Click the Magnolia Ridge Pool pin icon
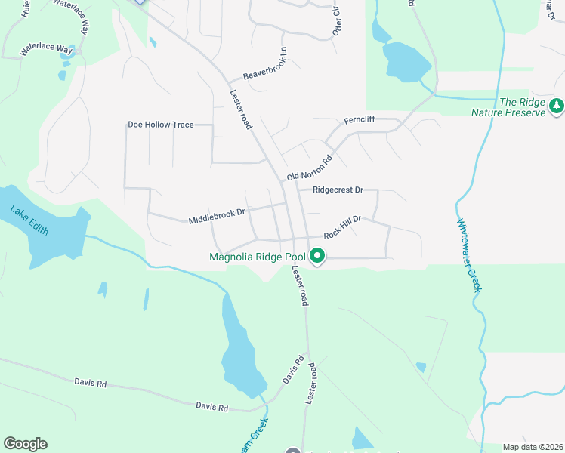click(x=318, y=258)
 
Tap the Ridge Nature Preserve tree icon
click(x=557, y=106)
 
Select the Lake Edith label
click(x=29, y=220)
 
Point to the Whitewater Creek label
click(x=468, y=255)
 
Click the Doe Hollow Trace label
click(x=161, y=124)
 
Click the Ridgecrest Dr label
click(x=332, y=190)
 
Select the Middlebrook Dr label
click(x=217, y=216)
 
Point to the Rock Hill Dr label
click(x=344, y=226)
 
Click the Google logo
click(x=25, y=444)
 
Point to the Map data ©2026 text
click(x=532, y=447)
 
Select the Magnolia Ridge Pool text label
click(x=258, y=257)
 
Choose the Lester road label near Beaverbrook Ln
click(x=241, y=110)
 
